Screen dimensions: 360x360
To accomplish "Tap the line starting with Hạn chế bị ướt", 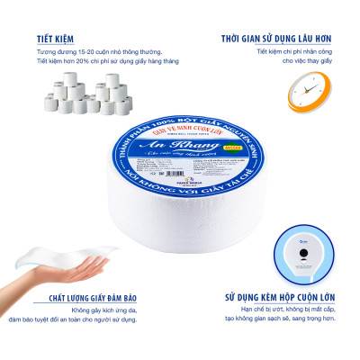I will (288, 309).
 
